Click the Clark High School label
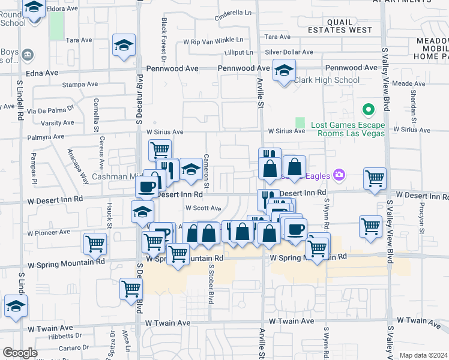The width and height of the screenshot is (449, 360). point(327,80)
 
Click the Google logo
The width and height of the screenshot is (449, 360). point(19,352)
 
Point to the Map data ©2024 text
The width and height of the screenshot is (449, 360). point(423,355)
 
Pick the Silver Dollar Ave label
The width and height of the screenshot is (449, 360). point(289,53)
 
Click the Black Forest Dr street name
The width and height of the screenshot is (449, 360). point(164,39)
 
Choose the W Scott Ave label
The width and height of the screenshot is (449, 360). point(203,208)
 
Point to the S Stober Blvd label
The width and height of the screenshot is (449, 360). point(211,281)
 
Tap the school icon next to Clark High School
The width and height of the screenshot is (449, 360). point(284,71)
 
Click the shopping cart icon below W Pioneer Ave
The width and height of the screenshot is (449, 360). point(95,244)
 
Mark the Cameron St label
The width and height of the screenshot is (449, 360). point(206,164)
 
